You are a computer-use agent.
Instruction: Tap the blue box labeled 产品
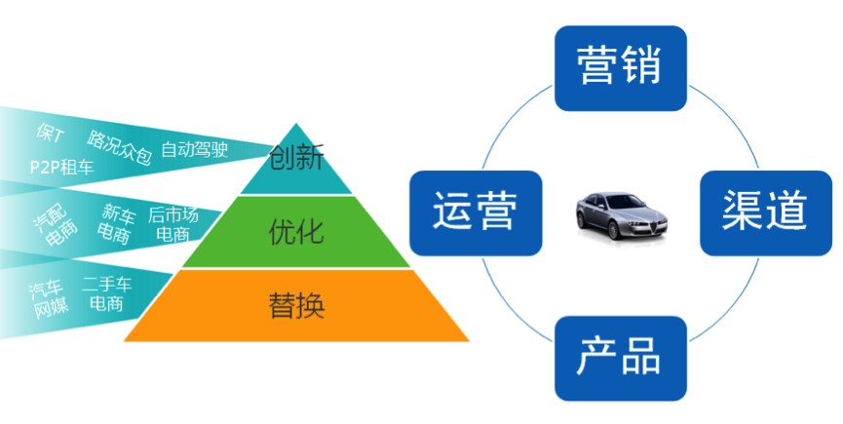click(x=620, y=358)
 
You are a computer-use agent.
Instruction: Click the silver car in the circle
click(x=620, y=212)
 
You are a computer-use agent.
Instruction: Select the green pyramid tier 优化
click(x=296, y=232)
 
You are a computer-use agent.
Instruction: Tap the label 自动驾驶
click(x=195, y=149)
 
